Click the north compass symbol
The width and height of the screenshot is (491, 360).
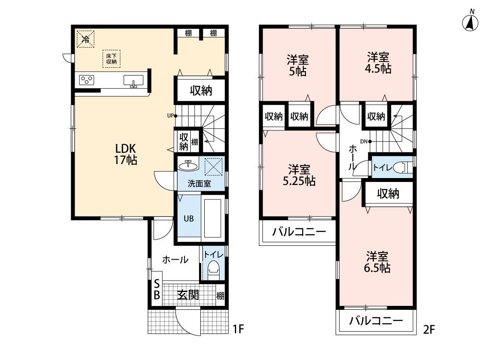(x=470, y=22)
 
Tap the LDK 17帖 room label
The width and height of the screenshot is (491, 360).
(x=126, y=154)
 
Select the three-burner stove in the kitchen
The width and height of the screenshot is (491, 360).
(x=86, y=80)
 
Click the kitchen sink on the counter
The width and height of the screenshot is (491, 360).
(x=134, y=81)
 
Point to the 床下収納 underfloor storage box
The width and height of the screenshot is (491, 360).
(x=111, y=58)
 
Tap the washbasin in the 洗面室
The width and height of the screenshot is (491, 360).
(x=189, y=165)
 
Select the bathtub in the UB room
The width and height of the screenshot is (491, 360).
(x=213, y=218)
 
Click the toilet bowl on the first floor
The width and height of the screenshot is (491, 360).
(x=213, y=269)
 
